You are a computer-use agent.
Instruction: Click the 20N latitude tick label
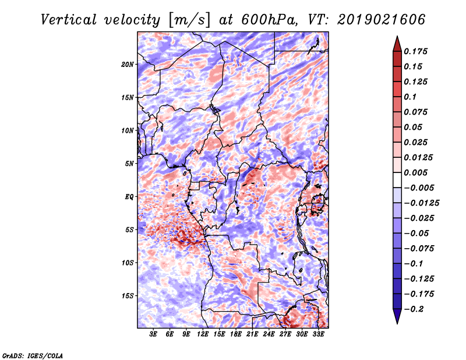128,65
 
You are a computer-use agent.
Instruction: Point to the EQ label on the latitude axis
129,197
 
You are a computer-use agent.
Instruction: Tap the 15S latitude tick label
128,296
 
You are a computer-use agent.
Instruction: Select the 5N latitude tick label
129,164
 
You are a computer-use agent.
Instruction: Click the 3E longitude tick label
153,334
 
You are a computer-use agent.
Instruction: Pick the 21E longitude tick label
252,334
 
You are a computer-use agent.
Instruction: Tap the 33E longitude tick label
318,334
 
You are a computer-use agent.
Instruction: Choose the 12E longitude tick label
203,334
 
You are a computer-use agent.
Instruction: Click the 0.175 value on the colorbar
415,51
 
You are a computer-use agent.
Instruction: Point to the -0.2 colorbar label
413,309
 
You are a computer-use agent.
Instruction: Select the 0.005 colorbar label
415,172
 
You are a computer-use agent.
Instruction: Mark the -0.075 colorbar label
419,249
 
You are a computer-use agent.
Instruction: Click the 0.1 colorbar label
410,97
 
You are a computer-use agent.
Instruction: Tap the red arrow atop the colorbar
397,44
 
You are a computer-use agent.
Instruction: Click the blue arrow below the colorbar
397,316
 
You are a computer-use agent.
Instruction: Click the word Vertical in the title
69,20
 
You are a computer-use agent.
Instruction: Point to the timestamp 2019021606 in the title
382,20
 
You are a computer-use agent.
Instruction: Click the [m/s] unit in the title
189,20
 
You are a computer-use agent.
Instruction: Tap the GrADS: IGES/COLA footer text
33,356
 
